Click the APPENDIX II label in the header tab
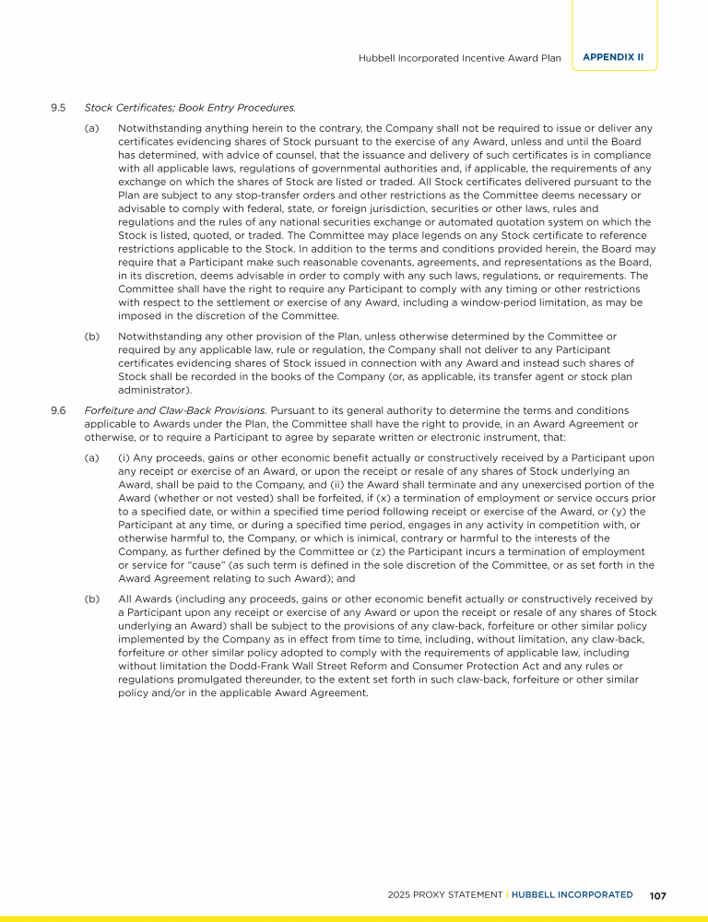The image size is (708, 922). click(613, 57)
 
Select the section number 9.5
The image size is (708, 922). click(58, 108)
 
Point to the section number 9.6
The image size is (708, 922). click(58, 409)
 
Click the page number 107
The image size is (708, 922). click(657, 895)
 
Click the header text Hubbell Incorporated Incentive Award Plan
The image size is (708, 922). click(459, 57)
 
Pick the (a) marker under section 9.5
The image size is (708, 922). click(91, 127)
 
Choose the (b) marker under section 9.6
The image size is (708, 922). click(91, 598)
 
